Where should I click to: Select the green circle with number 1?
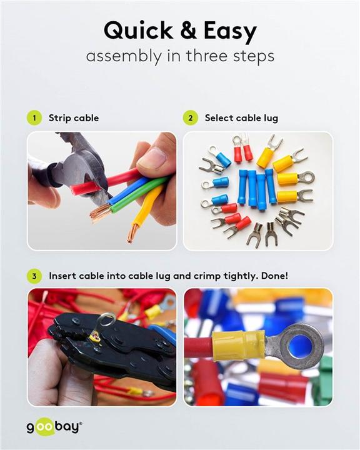coord(34,117)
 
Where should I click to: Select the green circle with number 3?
coord(34,275)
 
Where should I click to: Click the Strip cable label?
coord(74,117)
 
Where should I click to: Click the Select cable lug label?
coord(241,117)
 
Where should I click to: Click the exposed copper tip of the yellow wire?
coord(132,234)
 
